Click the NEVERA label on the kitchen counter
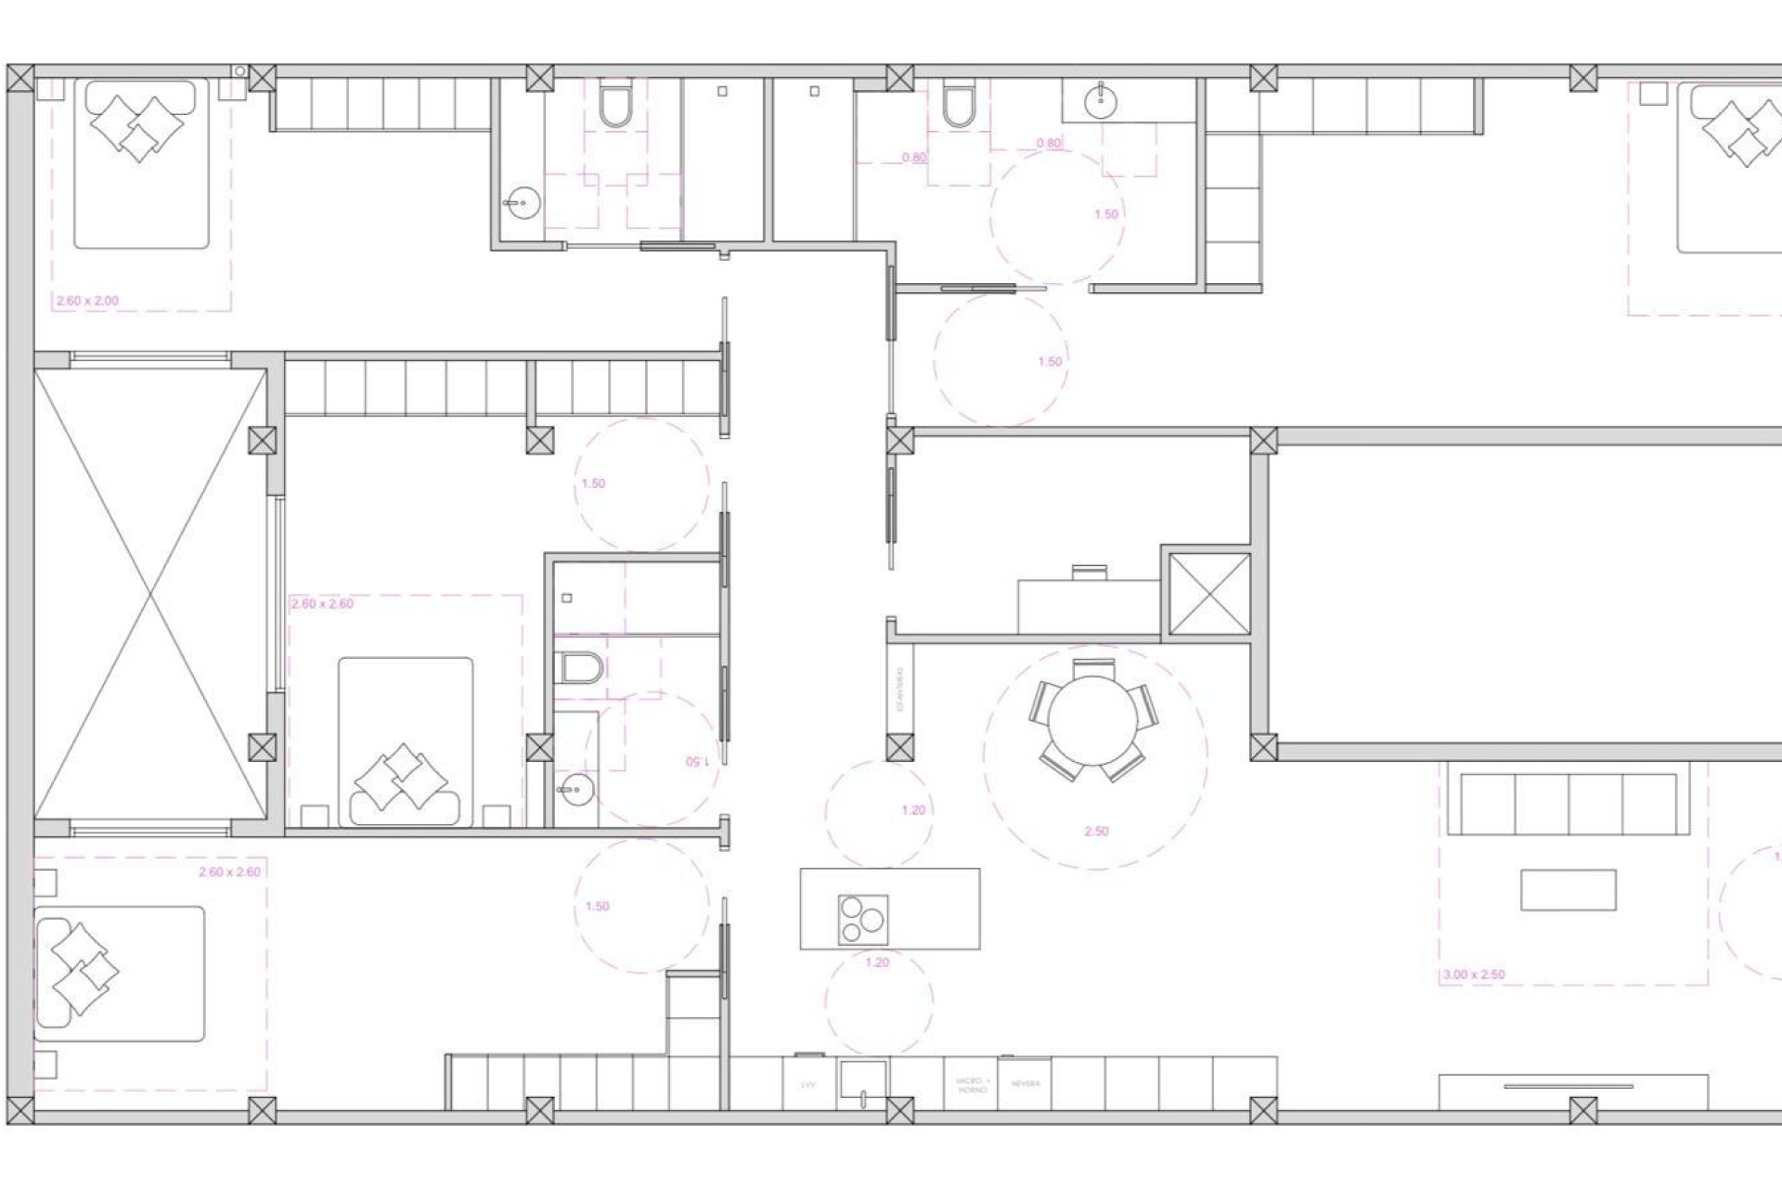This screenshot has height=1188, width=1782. point(1026,1083)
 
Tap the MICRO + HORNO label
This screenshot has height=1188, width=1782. point(973,1084)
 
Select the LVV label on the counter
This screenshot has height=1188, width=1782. point(807,1084)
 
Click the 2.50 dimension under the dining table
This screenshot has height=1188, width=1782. point(1096,832)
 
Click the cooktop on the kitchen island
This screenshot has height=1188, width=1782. point(862,920)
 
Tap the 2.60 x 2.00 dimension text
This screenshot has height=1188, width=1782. point(87,302)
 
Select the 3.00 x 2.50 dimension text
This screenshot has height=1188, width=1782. point(1473,975)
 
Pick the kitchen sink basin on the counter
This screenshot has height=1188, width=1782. point(863,1079)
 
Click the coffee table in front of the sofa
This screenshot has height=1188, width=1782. point(1568,889)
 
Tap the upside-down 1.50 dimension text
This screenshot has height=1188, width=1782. point(697,762)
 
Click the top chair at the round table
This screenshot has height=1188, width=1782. point(1093,667)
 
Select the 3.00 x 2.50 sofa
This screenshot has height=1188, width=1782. point(1569,804)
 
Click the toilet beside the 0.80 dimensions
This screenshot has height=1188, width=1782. point(958,104)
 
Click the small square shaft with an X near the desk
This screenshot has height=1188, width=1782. point(1208,594)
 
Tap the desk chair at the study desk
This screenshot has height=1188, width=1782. point(1089,572)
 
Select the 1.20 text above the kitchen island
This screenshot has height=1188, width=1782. point(913,810)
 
